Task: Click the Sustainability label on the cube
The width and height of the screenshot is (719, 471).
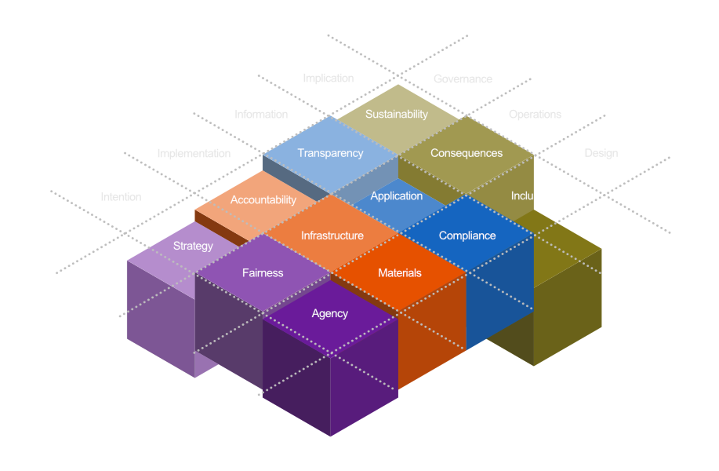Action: (x=397, y=114)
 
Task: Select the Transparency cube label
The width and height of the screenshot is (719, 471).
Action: (x=330, y=153)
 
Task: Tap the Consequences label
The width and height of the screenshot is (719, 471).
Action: (x=467, y=153)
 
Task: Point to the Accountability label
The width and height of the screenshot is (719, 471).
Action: (x=263, y=200)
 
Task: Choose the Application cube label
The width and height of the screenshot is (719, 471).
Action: (x=397, y=196)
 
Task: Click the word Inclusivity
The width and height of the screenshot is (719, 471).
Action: (x=534, y=196)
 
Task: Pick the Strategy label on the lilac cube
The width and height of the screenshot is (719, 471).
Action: (x=193, y=246)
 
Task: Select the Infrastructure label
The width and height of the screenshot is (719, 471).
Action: (x=332, y=235)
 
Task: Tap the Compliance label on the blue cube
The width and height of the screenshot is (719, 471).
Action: (x=467, y=235)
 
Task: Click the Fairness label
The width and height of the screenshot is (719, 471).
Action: (x=263, y=273)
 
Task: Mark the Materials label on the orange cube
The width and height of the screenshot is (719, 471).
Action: (x=400, y=273)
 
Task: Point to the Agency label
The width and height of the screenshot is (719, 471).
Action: (x=330, y=313)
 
